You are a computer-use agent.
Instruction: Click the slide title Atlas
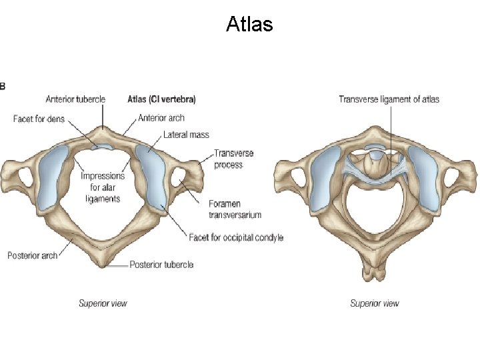(x=249, y=25)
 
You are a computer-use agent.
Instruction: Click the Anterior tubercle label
(x=75, y=99)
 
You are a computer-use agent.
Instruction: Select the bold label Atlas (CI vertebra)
(x=161, y=99)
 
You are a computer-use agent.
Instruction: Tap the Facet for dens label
(x=38, y=119)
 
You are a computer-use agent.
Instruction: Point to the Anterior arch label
(x=161, y=118)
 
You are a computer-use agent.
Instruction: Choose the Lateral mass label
(x=186, y=135)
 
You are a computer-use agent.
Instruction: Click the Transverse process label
(x=233, y=159)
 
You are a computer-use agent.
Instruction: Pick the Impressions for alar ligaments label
(x=103, y=187)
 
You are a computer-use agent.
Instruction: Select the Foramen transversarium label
(x=234, y=209)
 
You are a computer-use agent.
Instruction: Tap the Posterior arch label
(x=33, y=255)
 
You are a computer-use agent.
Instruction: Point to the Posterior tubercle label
(x=161, y=265)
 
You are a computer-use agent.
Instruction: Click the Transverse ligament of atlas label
(x=389, y=99)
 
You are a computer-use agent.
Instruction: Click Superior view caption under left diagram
(x=103, y=303)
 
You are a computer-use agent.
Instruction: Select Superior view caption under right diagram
(x=375, y=303)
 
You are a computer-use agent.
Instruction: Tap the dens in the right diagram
(x=377, y=157)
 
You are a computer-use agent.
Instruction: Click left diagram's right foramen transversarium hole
(x=179, y=178)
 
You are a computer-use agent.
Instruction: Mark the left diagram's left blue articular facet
(x=53, y=176)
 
